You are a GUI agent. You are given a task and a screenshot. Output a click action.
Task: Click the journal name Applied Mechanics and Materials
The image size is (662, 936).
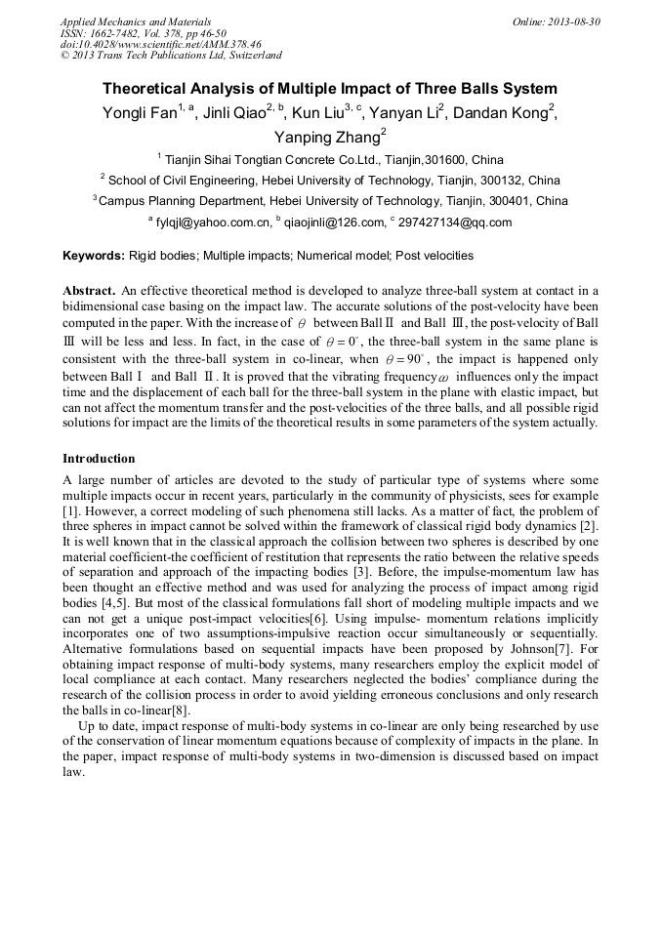coord(136,21)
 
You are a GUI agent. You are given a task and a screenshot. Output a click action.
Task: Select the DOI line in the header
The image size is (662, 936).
coord(161,44)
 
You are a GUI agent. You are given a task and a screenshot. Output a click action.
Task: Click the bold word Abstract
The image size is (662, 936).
coord(89,291)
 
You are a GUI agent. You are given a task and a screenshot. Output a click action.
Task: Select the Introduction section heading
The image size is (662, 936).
coord(99,458)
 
